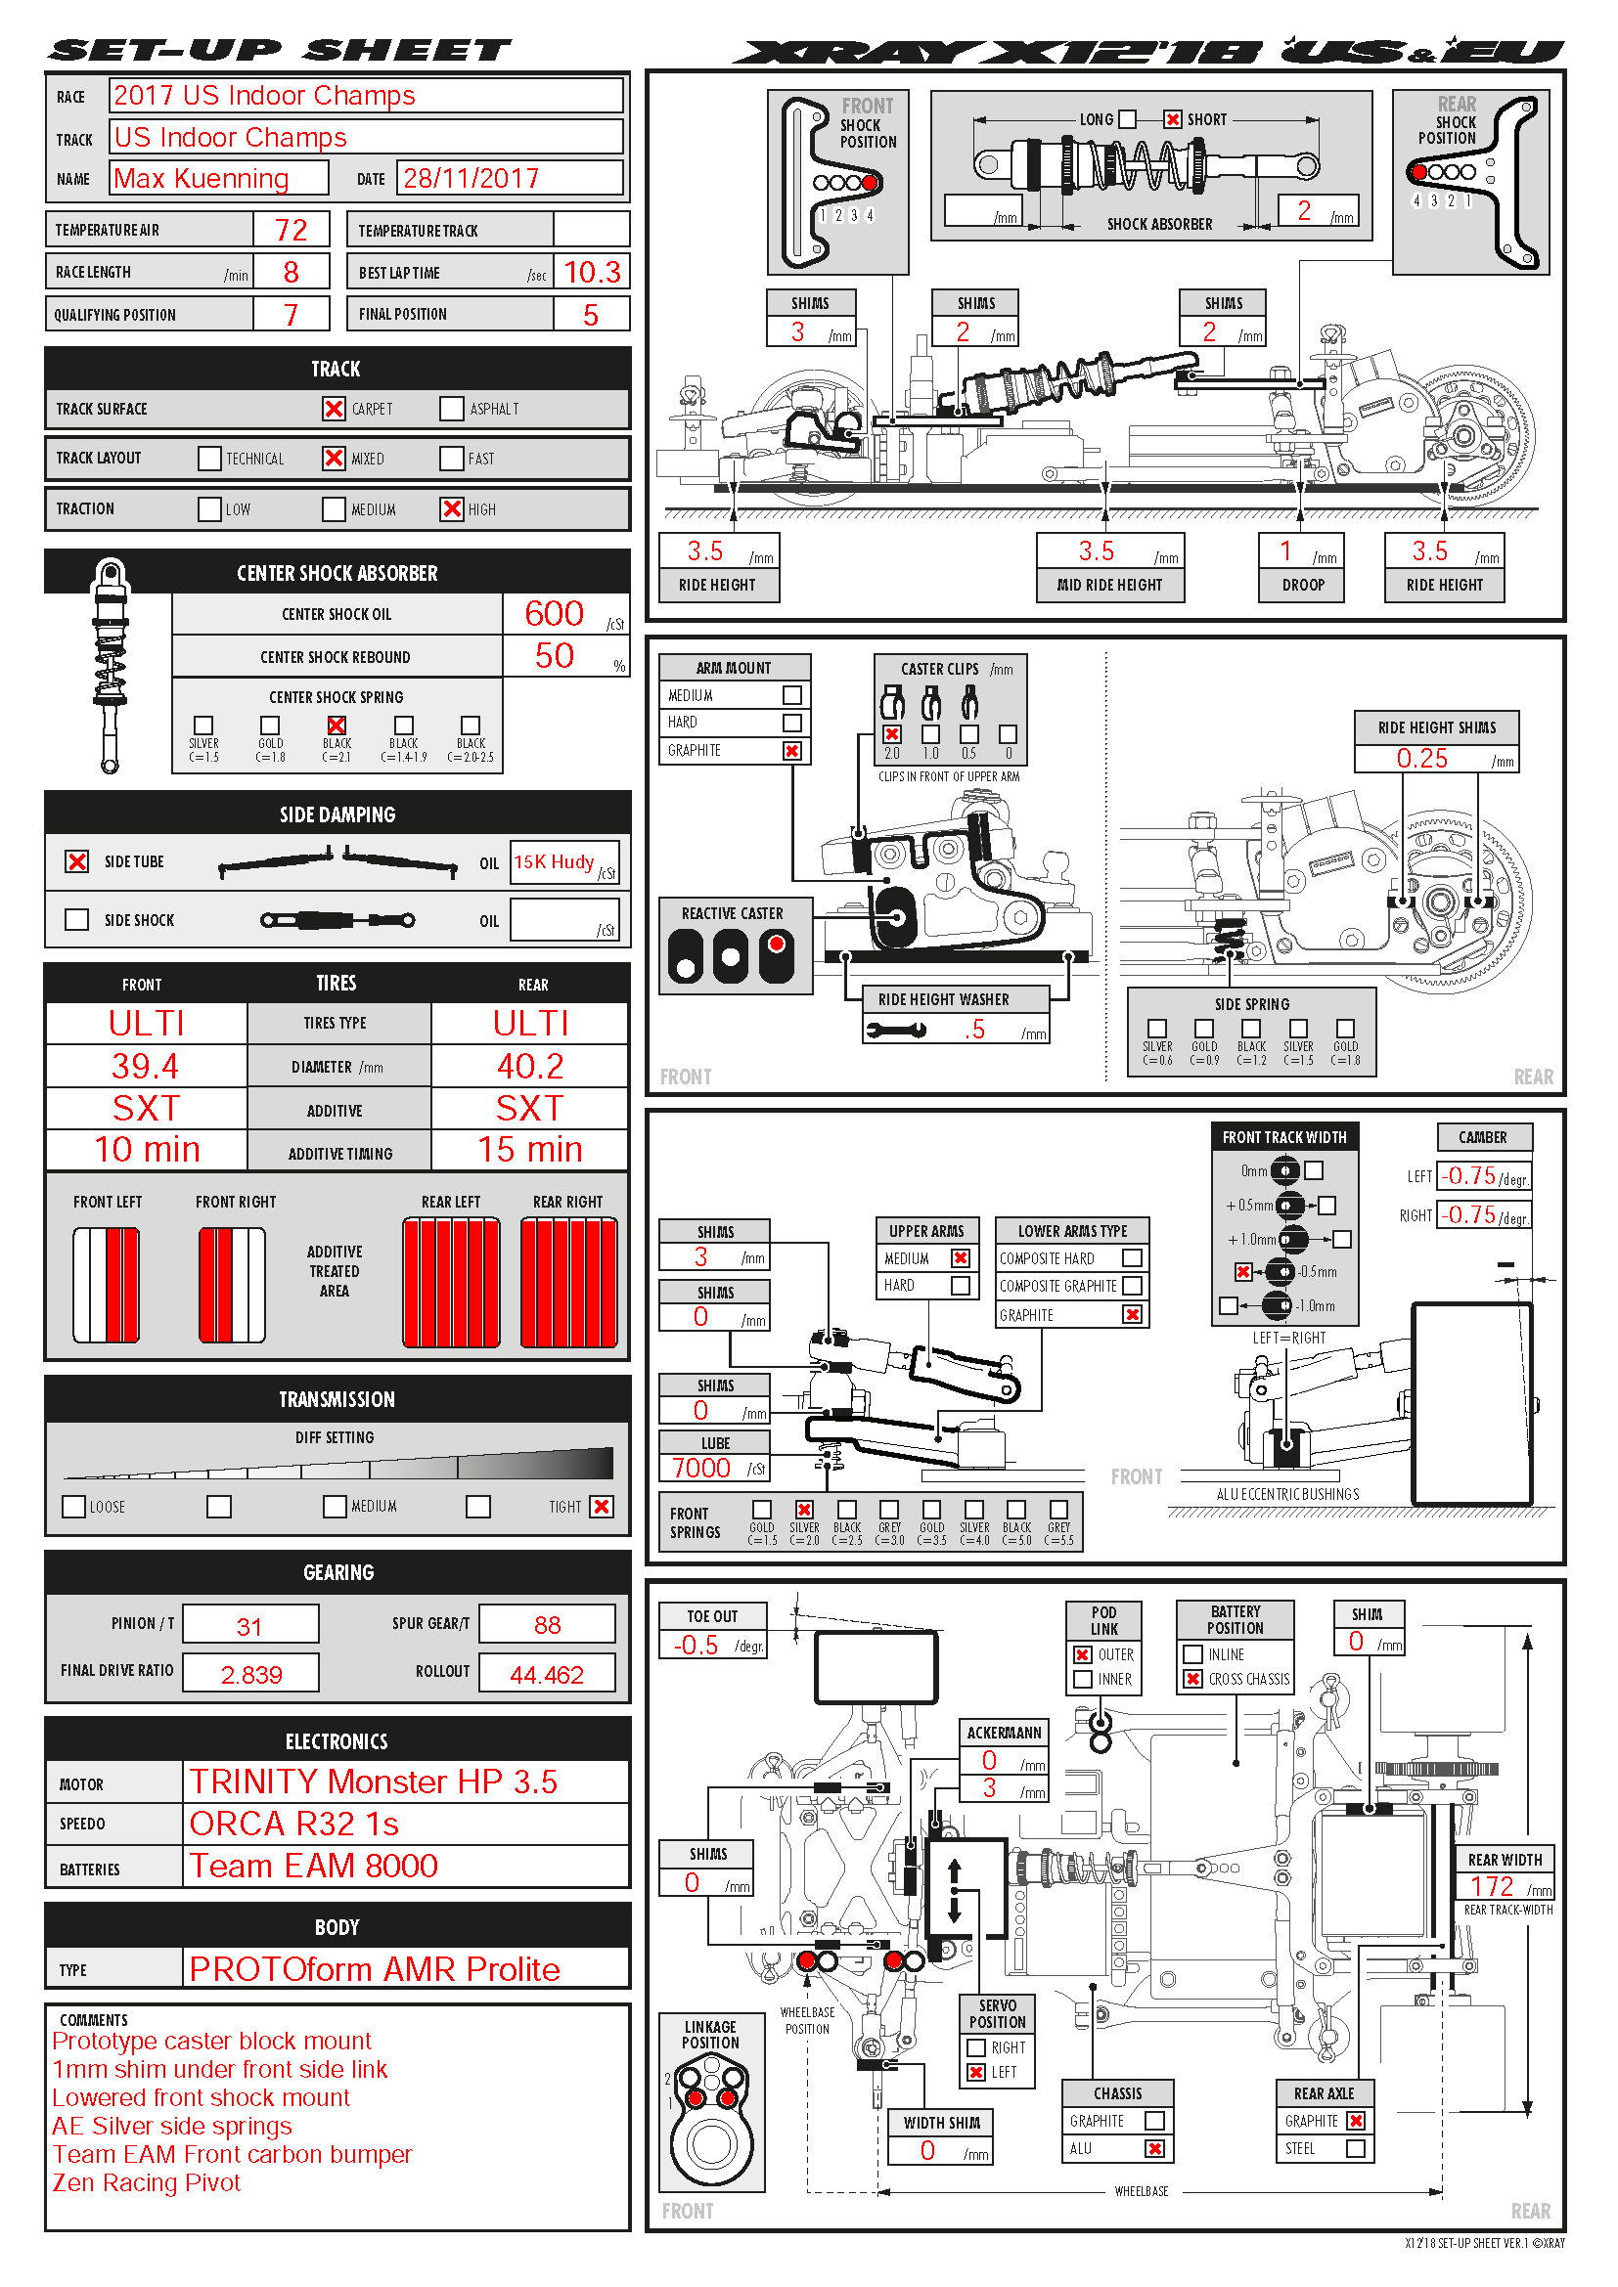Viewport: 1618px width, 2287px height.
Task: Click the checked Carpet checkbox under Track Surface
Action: point(334,409)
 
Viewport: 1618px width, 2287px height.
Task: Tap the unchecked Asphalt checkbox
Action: point(451,409)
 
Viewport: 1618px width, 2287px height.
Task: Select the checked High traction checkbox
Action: point(451,509)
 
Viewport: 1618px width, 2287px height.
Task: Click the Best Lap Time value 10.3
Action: point(592,272)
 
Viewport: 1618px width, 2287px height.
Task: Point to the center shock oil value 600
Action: point(554,614)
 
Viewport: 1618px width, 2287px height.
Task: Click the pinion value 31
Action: point(249,1627)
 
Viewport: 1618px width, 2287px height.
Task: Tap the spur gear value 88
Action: point(547,1625)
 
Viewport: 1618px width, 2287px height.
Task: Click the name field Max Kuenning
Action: point(202,178)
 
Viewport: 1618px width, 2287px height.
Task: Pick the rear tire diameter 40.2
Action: point(530,1067)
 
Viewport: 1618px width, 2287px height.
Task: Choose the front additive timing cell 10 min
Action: point(147,1150)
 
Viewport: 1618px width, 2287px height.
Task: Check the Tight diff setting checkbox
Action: point(602,1506)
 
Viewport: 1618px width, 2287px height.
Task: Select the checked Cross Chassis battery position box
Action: point(1192,1679)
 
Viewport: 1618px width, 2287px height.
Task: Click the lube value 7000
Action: point(701,1469)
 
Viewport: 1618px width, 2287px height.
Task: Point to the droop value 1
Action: point(1285,550)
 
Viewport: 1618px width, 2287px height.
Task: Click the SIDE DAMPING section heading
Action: point(337,814)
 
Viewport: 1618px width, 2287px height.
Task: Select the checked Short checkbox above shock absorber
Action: point(1173,119)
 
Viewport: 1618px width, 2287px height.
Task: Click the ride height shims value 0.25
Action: point(1421,758)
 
